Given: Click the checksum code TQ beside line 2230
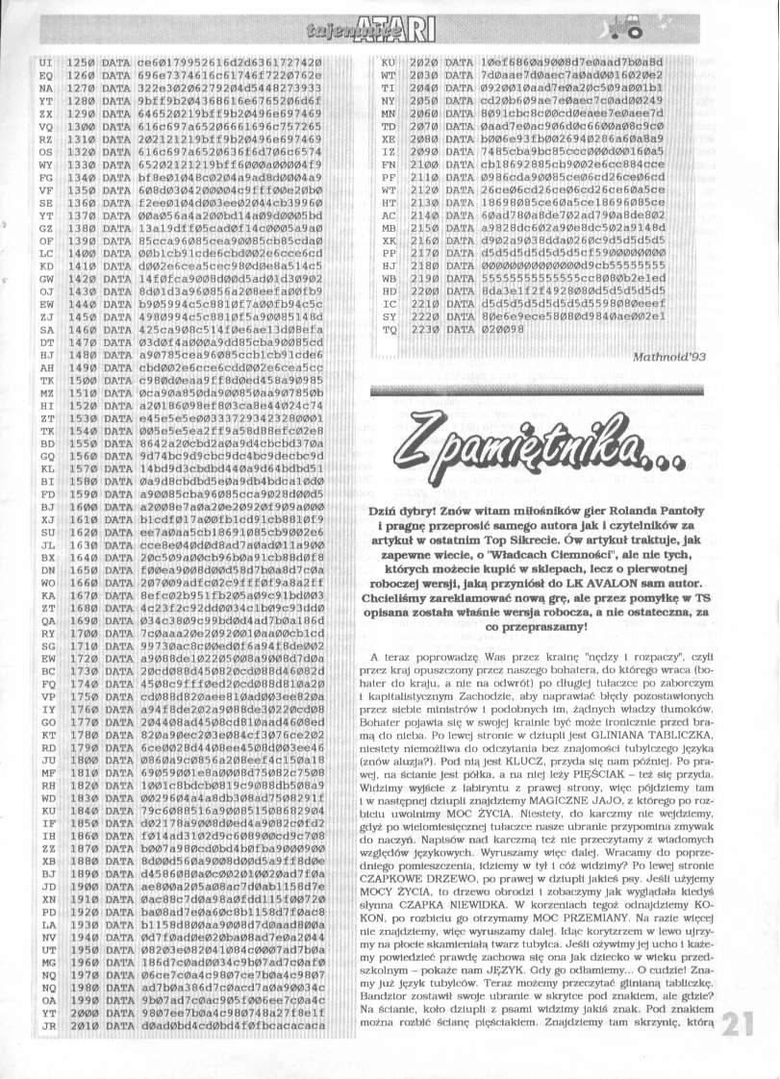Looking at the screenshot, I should [389, 328].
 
